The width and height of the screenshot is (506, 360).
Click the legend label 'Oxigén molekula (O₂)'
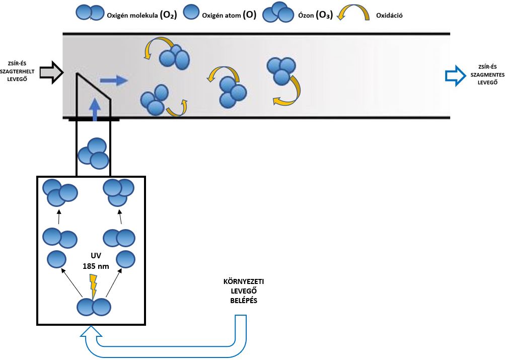pyautogui.click(x=141, y=15)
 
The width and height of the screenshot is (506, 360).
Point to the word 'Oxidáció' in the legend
pyautogui.click(x=389, y=15)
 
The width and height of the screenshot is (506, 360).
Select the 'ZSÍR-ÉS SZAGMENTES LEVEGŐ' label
pyautogui.click(x=487, y=75)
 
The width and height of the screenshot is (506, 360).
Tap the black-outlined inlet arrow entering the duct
pyautogui.click(x=52, y=73)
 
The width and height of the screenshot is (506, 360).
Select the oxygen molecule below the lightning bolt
pyautogui.click(x=93, y=307)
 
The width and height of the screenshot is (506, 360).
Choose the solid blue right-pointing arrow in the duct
pyautogui.click(x=113, y=80)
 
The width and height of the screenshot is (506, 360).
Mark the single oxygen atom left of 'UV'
pyautogui.click(x=57, y=259)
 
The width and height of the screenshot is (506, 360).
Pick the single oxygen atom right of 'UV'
pyautogui.click(x=126, y=259)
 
